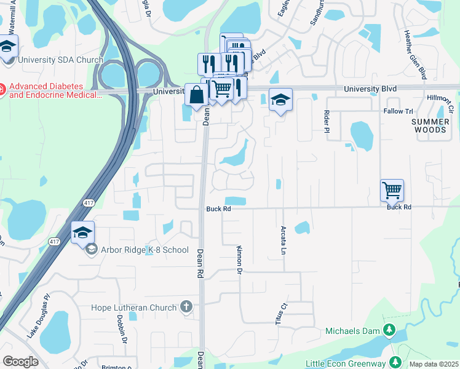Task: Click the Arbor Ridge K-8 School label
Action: click(x=145, y=250)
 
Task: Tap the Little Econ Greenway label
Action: click(x=350, y=363)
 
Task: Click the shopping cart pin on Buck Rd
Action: click(x=392, y=191)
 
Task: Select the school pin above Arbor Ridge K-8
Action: click(x=82, y=232)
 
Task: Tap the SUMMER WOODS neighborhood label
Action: click(x=429, y=126)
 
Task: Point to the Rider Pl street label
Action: click(x=327, y=121)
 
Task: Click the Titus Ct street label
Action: click(x=281, y=314)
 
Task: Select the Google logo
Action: click(x=20, y=362)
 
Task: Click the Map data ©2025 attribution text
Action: click(x=434, y=364)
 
